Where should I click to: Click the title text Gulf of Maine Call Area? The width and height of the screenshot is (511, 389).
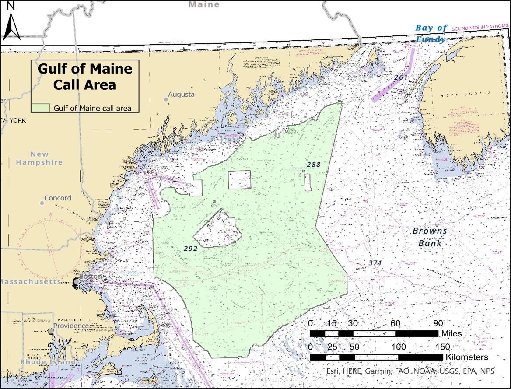pyautogui.click(x=85, y=76)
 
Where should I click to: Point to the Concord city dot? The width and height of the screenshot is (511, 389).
pyautogui.click(x=42, y=203)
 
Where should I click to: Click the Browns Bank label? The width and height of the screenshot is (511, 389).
pyautogui.click(x=430, y=237)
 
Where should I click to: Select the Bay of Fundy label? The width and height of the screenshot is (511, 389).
pyautogui.click(x=431, y=33)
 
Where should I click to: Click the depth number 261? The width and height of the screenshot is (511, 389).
pyautogui.click(x=401, y=77)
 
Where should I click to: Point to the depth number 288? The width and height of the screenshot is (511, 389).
pyautogui.click(x=313, y=165)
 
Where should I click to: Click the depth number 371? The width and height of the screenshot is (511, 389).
pyautogui.click(x=375, y=263)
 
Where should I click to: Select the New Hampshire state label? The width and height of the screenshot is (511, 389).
pyautogui.click(x=39, y=158)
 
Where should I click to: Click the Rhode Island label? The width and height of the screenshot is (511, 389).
pyautogui.click(x=42, y=362)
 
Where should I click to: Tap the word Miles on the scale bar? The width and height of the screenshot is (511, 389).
pyautogui.click(x=451, y=334)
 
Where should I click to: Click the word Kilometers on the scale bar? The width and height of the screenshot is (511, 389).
pyautogui.click(x=467, y=357)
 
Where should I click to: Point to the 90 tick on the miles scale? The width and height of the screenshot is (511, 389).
pyautogui.click(x=438, y=323)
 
